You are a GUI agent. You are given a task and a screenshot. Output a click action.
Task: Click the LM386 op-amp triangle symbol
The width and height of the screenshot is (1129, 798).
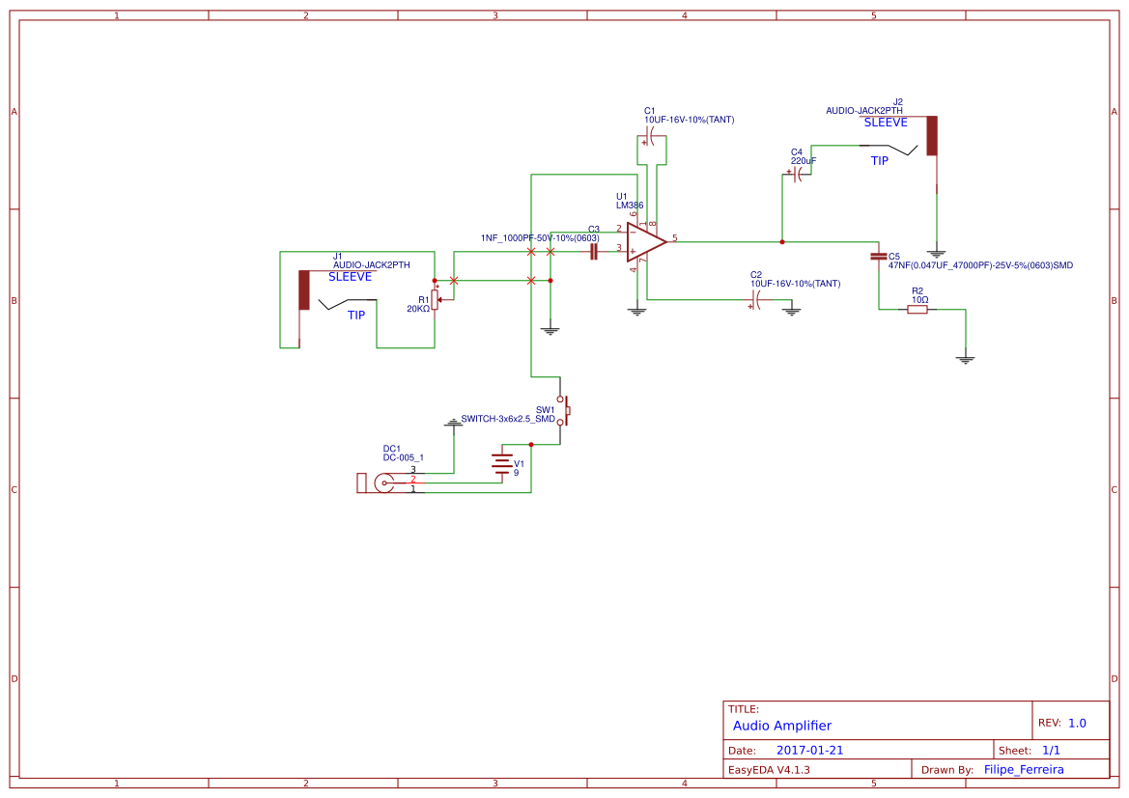click(x=645, y=242)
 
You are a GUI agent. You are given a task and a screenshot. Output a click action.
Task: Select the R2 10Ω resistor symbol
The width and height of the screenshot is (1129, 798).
click(x=917, y=310)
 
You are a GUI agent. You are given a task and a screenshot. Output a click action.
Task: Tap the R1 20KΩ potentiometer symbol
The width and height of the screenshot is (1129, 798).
click(x=435, y=300)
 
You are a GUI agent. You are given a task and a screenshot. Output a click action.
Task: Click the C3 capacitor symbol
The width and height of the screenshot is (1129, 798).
click(x=594, y=252)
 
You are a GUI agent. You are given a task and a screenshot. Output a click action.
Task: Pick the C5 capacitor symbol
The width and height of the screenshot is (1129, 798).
click(x=878, y=257)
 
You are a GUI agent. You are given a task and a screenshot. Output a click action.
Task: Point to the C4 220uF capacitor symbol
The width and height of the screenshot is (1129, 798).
click(x=798, y=175)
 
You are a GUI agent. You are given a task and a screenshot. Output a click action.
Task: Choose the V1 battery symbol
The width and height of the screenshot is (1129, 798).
click(x=502, y=466)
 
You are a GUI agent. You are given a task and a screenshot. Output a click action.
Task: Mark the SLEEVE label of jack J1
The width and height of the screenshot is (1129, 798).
click(x=350, y=277)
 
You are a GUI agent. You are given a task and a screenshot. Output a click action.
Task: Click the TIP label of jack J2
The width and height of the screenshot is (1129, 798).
click(x=879, y=161)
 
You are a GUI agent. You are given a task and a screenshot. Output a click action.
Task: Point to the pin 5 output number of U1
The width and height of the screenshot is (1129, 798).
click(x=675, y=237)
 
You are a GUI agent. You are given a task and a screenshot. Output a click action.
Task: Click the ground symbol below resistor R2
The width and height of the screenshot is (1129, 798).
click(x=965, y=359)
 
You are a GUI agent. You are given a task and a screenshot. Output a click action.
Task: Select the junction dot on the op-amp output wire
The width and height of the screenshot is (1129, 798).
click(x=781, y=241)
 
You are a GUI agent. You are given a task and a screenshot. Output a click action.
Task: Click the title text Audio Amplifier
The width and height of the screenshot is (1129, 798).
click(x=781, y=726)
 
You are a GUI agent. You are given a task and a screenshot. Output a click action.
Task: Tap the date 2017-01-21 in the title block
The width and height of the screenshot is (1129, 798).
click(x=809, y=750)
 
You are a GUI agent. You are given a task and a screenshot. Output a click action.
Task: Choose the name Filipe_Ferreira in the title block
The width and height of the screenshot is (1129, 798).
click(x=1024, y=770)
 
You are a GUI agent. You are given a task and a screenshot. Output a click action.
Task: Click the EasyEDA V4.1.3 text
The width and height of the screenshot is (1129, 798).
click(x=769, y=770)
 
